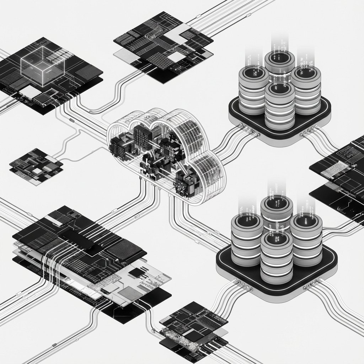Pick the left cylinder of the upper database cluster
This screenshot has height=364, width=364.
(x=253, y=87)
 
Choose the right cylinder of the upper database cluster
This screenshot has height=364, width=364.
(x=306, y=87)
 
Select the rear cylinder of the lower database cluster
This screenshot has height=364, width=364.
(x=276, y=213)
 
